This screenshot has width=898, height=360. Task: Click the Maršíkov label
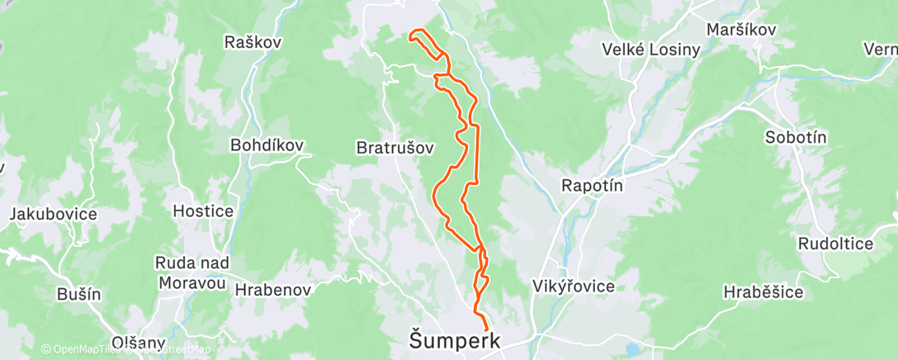click(742, 29)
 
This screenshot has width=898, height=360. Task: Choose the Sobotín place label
click(796, 138)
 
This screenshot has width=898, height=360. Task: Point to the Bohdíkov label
click(267, 145)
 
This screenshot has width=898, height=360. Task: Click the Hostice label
click(202, 211)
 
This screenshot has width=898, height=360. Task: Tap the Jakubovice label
click(53, 214)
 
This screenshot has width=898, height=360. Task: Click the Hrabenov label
click(272, 290)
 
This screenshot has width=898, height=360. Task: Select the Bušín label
click(78, 293)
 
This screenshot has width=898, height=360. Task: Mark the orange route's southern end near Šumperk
click(485, 331)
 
